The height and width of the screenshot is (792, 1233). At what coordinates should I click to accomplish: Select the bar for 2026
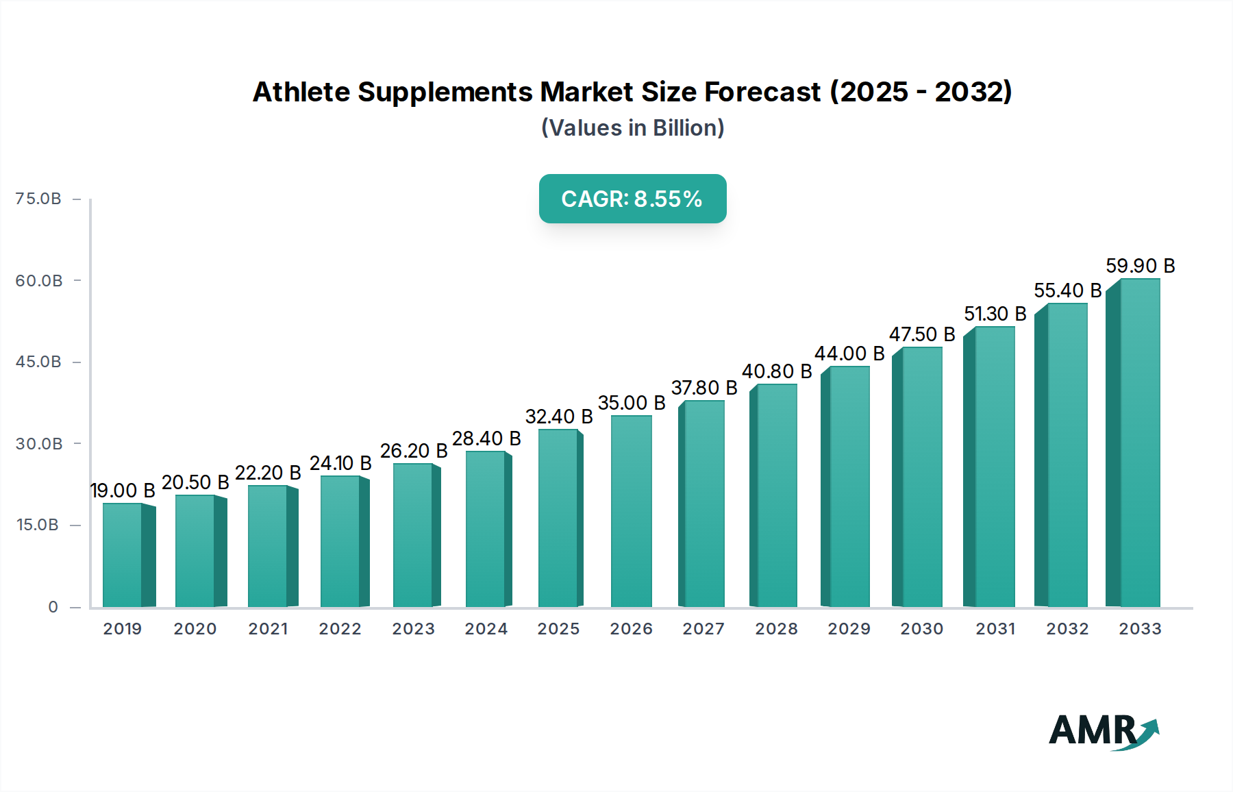[x=631, y=511]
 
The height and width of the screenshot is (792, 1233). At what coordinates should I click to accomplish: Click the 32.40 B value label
[x=558, y=417]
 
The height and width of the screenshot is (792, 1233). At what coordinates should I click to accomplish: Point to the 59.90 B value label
[x=1140, y=266]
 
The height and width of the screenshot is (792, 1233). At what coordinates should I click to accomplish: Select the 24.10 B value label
[x=340, y=463]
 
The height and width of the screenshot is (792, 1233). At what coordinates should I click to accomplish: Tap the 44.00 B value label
[x=849, y=354]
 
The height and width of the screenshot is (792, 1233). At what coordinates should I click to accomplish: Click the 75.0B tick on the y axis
[x=38, y=199]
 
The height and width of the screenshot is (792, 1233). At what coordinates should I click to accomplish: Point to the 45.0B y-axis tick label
[x=38, y=362]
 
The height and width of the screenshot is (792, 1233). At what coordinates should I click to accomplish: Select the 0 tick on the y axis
[x=53, y=607]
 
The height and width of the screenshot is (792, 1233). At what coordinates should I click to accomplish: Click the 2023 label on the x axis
[x=413, y=629]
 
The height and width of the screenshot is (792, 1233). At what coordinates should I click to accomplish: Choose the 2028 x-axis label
[x=776, y=629]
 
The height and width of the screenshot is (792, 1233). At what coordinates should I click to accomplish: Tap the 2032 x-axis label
[x=1067, y=629]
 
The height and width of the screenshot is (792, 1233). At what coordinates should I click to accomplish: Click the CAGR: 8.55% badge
[x=632, y=199]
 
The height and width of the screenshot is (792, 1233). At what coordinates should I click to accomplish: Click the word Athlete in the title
[x=301, y=92]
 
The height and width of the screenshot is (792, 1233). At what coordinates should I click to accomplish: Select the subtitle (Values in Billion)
[x=632, y=128]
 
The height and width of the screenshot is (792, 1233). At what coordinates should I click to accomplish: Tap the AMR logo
[x=1103, y=731]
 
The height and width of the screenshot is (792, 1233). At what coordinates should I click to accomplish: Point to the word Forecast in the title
[x=762, y=92]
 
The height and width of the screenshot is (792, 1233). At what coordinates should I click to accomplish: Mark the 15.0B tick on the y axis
[x=38, y=525]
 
